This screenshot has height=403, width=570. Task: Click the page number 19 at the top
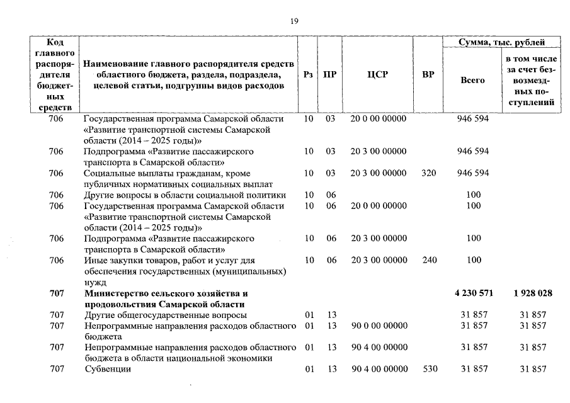(x=294, y=21)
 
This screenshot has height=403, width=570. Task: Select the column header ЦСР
(x=377, y=74)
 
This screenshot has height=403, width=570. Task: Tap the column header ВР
(x=428, y=74)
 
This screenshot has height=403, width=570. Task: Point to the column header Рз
(x=307, y=74)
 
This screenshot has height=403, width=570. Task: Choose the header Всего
(x=472, y=81)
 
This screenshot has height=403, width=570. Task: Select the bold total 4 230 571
(x=474, y=293)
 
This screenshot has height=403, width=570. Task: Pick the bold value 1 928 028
(x=533, y=293)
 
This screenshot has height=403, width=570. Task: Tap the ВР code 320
(x=428, y=173)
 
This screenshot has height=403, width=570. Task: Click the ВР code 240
(x=428, y=260)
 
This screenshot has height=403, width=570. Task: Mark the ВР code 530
(x=430, y=369)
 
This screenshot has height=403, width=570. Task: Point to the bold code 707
(x=56, y=293)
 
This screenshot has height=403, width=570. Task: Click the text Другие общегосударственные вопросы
(x=165, y=315)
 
